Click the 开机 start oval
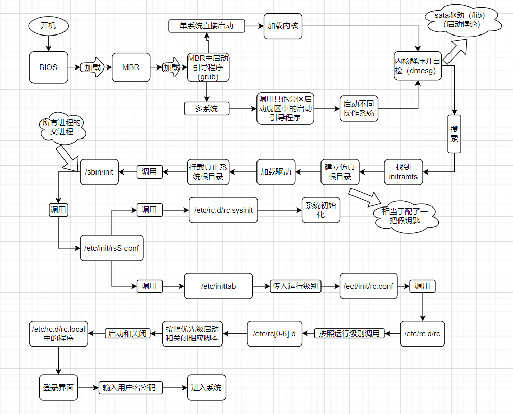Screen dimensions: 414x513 48,26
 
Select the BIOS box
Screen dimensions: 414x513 48,67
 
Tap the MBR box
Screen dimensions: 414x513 131,67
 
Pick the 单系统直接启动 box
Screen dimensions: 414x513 206,26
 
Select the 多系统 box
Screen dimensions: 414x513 206,108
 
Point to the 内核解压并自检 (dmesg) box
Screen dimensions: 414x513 418,66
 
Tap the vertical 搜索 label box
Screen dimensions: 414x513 454,133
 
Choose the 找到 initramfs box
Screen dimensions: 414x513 404,171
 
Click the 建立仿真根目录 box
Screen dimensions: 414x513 340,171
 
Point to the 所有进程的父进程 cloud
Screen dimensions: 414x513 62,127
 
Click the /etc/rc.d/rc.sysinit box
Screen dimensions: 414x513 223,210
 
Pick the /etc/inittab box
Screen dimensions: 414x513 218,286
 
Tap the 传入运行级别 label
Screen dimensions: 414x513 295,286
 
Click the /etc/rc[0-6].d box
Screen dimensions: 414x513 275,333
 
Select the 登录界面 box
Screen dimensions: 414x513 58,388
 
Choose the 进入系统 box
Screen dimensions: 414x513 207,388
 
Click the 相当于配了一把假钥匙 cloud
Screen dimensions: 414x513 404,217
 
